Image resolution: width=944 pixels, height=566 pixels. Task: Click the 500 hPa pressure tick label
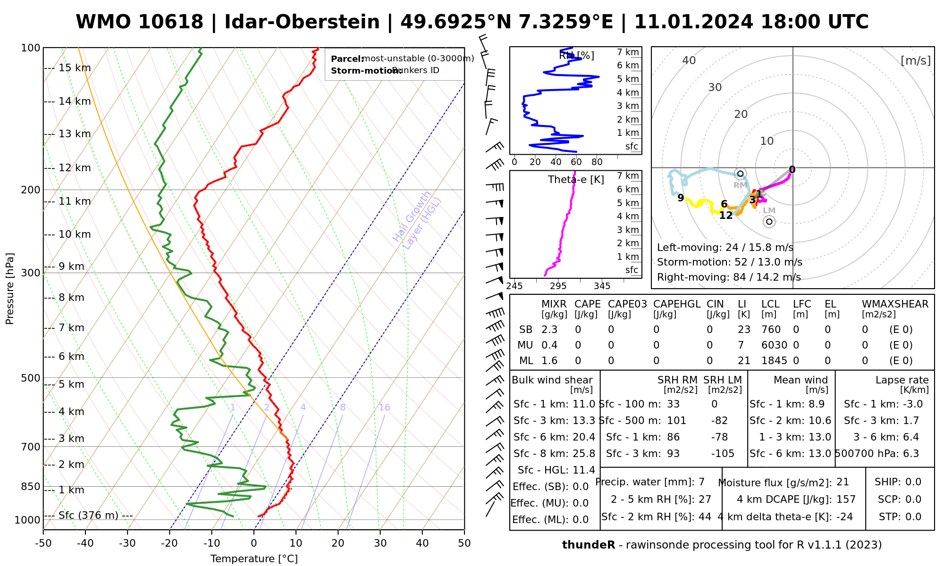pyautogui.click(x=31, y=378)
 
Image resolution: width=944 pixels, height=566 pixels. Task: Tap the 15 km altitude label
pyautogui.click(x=75, y=68)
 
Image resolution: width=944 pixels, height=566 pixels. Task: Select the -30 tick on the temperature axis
pyautogui.click(x=127, y=543)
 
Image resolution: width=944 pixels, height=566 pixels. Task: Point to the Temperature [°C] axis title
pyautogui.click(x=254, y=559)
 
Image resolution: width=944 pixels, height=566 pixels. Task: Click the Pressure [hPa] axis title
pyautogui.click(x=10, y=289)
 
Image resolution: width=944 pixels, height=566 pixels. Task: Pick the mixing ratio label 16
pyautogui.click(x=384, y=408)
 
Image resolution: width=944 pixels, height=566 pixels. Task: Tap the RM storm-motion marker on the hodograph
pyautogui.click(x=741, y=174)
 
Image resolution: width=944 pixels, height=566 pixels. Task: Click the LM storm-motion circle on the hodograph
pyautogui.click(x=769, y=222)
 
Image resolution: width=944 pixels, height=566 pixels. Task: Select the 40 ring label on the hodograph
pyautogui.click(x=689, y=60)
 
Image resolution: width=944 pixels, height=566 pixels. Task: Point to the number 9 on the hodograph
pyautogui.click(x=681, y=198)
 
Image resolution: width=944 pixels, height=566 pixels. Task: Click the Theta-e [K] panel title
pyautogui.click(x=576, y=180)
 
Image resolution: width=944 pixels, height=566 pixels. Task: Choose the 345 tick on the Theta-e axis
pyautogui.click(x=602, y=286)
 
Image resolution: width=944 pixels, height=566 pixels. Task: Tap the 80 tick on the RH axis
pyautogui.click(x=597, y=162)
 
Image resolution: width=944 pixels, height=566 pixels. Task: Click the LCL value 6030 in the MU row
pyautogui.click(x=774, y=345)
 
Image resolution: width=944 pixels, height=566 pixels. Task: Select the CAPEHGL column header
pyautogui.click(x=677, y=304)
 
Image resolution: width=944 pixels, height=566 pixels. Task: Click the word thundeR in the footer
pyautogui.click(x=589, y=545)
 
